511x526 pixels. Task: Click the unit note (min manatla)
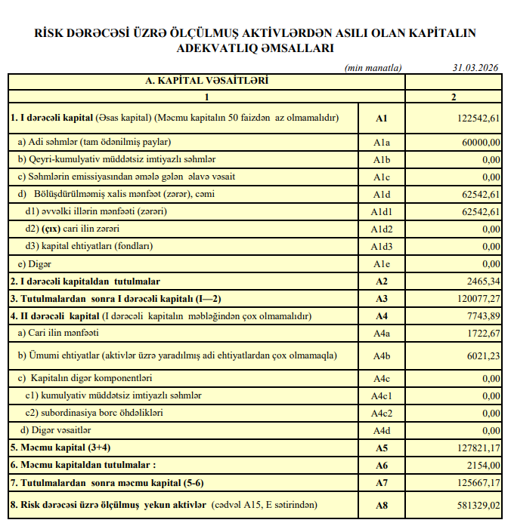click(x=373, y=67)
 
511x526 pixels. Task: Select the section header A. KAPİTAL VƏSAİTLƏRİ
click(x=206, y=81)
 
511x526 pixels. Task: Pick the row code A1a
click(x=381, y=142)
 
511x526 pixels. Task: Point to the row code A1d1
click(x=381, y=211)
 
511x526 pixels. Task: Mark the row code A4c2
click(x=381, y=413)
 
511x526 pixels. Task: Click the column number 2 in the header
click(x=454, y=97)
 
